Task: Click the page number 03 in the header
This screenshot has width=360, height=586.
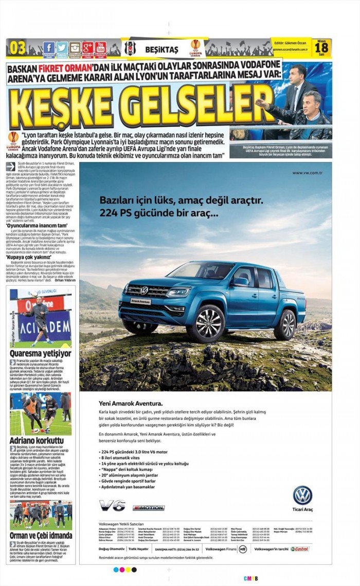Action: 17,48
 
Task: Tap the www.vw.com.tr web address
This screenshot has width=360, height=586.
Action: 307,173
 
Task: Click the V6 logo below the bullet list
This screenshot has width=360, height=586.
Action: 112,505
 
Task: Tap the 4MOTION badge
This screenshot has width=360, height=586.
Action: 149,507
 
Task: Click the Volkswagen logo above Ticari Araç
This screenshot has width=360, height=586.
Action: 302,495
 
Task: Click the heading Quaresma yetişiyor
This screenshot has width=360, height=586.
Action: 41,354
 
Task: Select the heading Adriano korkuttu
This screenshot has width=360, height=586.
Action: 37,441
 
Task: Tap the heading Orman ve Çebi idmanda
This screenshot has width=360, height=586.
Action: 41,536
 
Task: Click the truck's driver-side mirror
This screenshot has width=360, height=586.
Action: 240,282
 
